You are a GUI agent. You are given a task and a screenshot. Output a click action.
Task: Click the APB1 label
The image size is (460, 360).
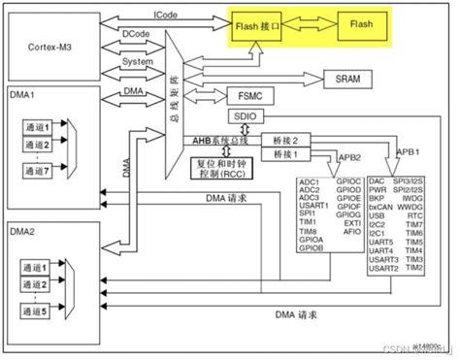coord(409,151)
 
